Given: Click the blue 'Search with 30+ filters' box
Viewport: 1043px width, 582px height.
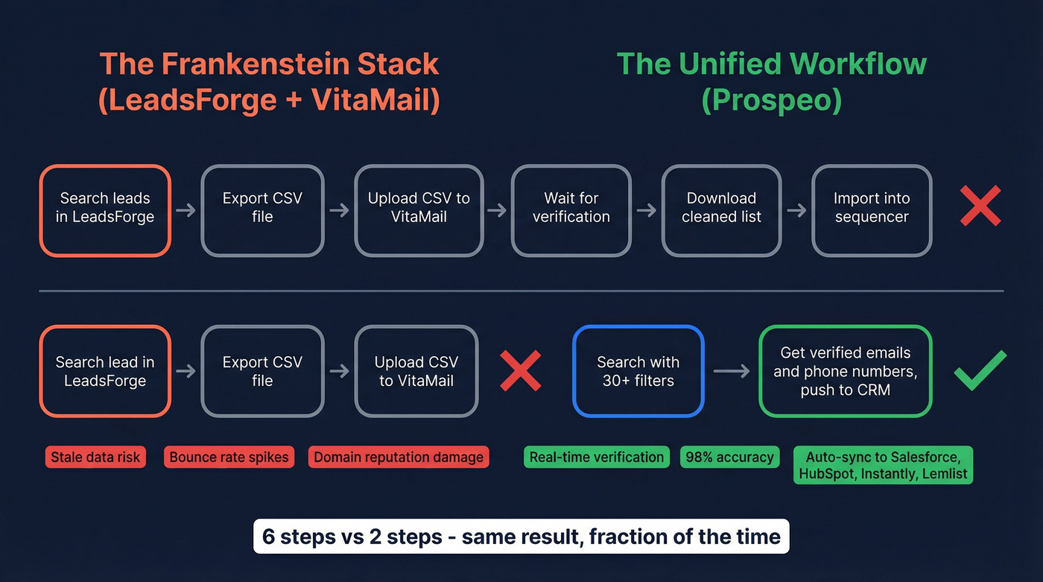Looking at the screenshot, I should pyautogui.click(x=638, y=371).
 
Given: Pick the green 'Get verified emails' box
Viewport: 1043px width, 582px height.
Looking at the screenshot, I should pyautogui.click(x=846, y=371).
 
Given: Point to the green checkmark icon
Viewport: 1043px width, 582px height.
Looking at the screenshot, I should pyautogui.click(x=980, y=370).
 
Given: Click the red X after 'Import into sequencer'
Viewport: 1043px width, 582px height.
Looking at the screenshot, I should pyautogui.click(x=980, y=206).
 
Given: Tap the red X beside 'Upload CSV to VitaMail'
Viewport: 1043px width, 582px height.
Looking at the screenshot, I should pyautogui.click(x=520, y=370).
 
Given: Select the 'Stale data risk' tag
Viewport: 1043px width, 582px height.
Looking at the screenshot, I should pyautogui.click(x=95, y=457).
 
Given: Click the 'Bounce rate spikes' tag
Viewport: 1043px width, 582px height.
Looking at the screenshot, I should pyautogui.click(x=229, y=457).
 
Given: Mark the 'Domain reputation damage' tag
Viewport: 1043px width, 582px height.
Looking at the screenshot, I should pyautogui.click(x=399, y=457).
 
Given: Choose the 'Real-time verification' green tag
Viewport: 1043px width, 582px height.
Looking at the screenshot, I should pyautogui.click(x=597, y=457).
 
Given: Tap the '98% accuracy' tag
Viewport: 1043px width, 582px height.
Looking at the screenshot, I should pyautogui.click(x=729, y=457).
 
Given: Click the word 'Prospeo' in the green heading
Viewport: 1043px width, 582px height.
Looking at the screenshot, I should pyautogui.click(x=772, y=101).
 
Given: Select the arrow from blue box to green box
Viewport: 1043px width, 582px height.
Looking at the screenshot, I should pyautogui.click(x=732, y=371).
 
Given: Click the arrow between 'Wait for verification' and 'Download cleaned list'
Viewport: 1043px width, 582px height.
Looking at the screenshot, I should pyautogui.click(x=647, y=210).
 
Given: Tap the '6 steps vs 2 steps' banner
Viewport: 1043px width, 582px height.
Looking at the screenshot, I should pyautogui.click(x=521, y=537).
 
